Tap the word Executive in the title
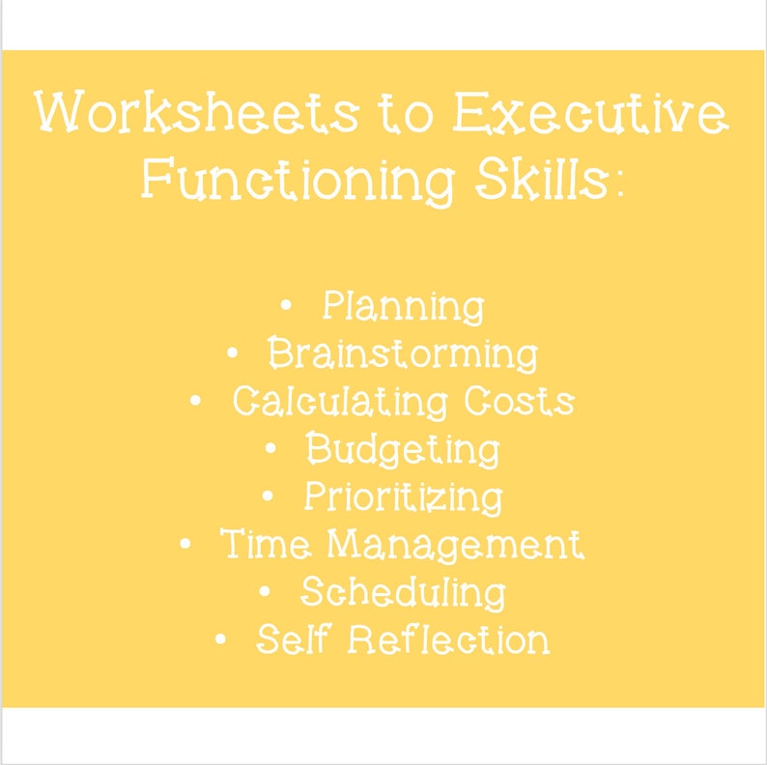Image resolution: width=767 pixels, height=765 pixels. [x=590, y=115]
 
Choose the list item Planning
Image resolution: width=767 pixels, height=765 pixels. [x=403, y=307]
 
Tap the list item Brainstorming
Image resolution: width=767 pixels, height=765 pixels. [x=403, y=354]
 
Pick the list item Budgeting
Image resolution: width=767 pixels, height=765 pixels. [x=403, y=450]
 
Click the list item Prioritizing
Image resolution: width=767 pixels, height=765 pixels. [x=404, y=497]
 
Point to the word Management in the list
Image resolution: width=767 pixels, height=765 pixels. [x=456, y=545]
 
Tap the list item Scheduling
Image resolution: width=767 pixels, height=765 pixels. [x=403, y=593]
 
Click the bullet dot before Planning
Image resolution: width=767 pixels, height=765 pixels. [x=285, y=307]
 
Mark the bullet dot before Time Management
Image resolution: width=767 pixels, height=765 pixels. [x=185, y=545]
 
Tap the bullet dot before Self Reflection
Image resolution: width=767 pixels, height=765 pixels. [x=221, y=640]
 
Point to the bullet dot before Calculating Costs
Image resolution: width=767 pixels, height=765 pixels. [x=195, y=402]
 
